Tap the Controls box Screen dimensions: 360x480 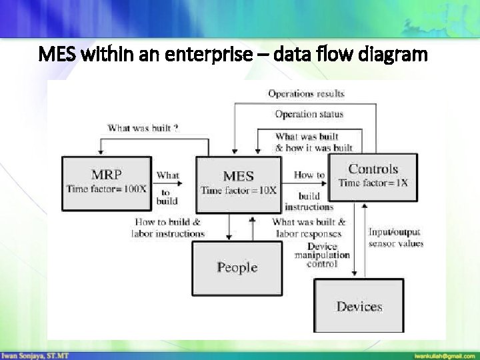[373, 175]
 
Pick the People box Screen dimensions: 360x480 [237, 267]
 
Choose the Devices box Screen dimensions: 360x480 [359, 306]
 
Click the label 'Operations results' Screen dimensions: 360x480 [306, 94]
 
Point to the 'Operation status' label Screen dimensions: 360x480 [309, 114]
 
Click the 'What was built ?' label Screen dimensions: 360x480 [143, 127]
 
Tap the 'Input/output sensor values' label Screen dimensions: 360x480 [395, 238]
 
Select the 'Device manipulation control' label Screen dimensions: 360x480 [323, 255]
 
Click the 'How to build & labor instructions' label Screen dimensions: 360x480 [168, 227]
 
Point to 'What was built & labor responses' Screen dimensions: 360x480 [309, 227]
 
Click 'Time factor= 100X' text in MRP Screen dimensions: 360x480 [107, 189]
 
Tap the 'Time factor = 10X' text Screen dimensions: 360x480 [238, 191]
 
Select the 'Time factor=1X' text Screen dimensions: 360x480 [373, 183]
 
